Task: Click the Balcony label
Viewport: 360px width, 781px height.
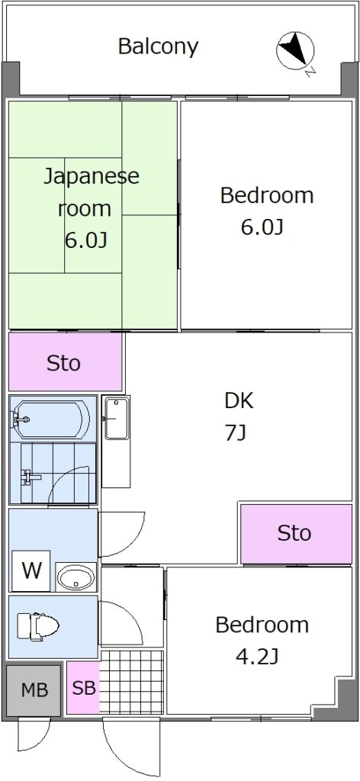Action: pos(158,47)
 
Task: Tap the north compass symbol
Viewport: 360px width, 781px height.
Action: pos(295,50)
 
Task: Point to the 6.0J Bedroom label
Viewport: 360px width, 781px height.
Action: pos(266,211)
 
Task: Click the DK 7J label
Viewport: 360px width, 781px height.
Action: pos(239,416)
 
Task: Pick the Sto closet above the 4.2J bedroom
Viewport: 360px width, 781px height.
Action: pos(296,533)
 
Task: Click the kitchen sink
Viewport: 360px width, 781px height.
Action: pos(117,419)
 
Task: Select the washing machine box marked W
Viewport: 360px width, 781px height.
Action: pos(31,570)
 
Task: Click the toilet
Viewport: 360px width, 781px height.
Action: pos(37,626)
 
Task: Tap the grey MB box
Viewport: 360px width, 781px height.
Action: pos(34,689)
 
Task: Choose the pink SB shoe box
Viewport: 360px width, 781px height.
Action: pos(83,688)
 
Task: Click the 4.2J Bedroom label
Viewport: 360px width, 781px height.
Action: pos(262,641)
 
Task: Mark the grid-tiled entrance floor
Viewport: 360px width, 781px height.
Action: pos(131,681)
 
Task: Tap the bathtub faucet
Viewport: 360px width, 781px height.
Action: pos(20,419)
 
